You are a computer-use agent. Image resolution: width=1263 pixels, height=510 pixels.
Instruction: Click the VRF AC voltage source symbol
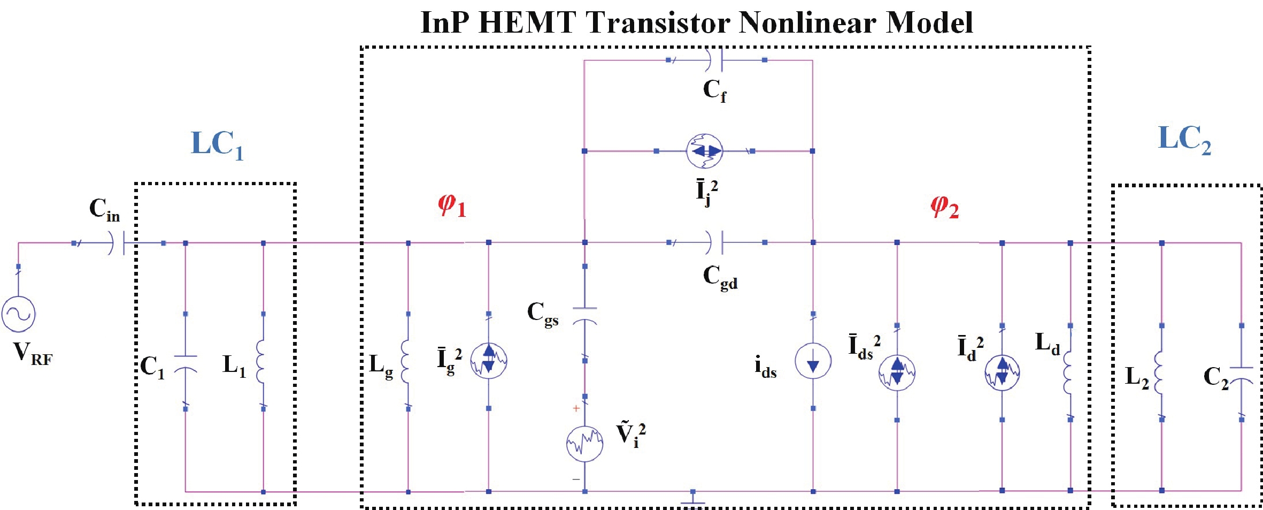tap(19, 314)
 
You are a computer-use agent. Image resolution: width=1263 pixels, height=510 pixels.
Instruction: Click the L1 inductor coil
tap(261, 361)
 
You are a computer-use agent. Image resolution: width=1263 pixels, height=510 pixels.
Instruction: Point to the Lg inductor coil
tap(406, 361)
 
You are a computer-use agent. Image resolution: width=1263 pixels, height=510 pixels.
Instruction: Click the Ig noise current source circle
tap(489, 361)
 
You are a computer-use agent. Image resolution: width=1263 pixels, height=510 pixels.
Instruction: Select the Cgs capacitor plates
tap(584, 316)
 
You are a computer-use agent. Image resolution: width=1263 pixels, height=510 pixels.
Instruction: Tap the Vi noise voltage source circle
tap(584, 443)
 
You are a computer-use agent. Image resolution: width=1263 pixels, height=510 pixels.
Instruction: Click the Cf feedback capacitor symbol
tap(715, 60)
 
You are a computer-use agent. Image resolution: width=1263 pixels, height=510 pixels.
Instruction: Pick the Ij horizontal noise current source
tap(704, 151)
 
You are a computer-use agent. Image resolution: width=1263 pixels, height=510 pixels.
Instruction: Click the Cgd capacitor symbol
tap(715, 242)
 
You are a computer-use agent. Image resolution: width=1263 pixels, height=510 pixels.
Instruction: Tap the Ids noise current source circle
tap(897, 372)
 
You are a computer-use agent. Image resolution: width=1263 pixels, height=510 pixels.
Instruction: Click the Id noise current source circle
tap(1002, 372)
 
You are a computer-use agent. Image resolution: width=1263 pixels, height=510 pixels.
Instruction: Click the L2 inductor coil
tap(1159, 372)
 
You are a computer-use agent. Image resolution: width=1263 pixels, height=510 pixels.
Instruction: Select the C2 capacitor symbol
tap(1241, 376)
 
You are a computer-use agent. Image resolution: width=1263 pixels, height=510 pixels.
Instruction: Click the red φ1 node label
tap(452, 206)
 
